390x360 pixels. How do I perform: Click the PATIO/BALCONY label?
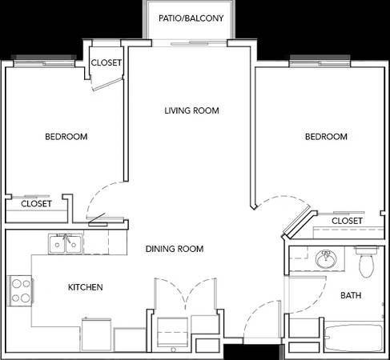(x=191, y=18)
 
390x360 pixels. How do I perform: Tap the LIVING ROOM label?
(x=191, y=110)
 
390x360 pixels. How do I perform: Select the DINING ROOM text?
(x=175, y=249)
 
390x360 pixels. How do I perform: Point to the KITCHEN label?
(x=86, y=287)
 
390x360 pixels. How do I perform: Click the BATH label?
(x=351, y=295)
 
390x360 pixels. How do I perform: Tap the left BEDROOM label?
(x=66, y=137)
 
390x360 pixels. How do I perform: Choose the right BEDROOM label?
(x=326, y=137)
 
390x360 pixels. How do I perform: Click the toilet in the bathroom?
(x=367, y=262)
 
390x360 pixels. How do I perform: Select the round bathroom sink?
(x=326, y=258)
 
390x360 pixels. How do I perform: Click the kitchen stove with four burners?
(x=21, y=290)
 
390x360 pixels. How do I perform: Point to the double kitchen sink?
(x=66, y=244)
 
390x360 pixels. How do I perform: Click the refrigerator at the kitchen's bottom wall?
(x=96, y=334)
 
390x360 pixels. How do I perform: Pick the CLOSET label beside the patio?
(x=107, y=62)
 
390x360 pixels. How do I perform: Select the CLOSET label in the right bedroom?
(x=347, y=221)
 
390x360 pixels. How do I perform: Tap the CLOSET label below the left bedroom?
(x=36, y=204)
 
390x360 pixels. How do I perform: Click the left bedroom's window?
(x=44, y=62)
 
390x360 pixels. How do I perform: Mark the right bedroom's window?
(x=320, y=62)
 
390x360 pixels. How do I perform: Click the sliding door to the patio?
(x=190, y=42)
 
